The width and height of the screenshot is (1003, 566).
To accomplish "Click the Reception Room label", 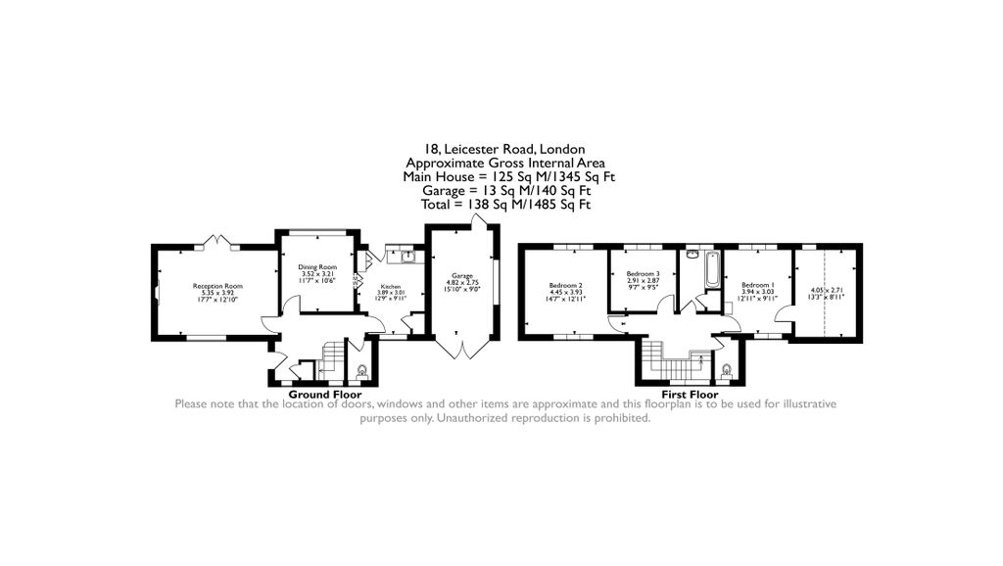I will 216,286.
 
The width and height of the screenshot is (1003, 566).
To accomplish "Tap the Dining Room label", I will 317,267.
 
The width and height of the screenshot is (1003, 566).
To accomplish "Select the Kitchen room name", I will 390,287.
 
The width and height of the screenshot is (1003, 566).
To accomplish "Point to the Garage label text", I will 462,276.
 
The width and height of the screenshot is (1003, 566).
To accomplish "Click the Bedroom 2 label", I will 566,285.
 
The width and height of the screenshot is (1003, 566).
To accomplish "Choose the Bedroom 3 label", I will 643,273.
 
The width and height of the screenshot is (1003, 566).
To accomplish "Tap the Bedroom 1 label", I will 758,284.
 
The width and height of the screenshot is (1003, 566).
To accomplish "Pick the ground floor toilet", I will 362,370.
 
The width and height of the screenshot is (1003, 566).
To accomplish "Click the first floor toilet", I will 726,371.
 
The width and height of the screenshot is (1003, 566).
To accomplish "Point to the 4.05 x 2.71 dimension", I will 827,291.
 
